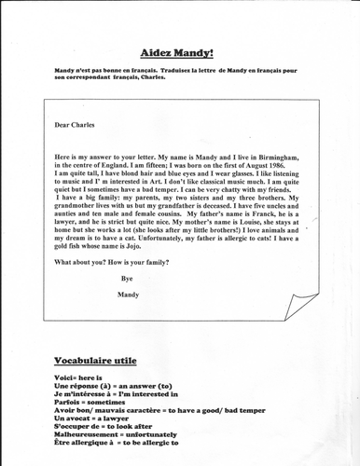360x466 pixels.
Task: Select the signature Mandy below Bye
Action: [x=128, y=295]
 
